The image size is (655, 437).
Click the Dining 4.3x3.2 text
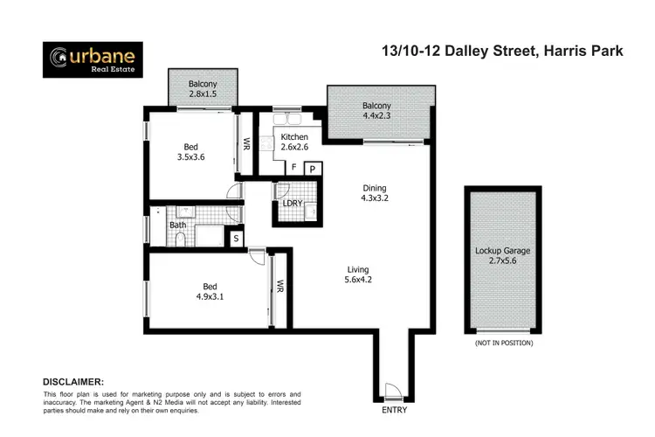click(x=375, y=193)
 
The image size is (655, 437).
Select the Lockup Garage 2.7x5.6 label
click(x=503, y=256)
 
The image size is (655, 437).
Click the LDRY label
click(x=293, y=204)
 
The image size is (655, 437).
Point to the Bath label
click(x=177, y=225)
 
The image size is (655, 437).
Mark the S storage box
click(x=235, y=237)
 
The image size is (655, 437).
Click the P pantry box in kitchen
click(x=312, y=169)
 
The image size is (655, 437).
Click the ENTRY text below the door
click(x=396, y=409)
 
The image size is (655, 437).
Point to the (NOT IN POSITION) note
click(x=505, y=343)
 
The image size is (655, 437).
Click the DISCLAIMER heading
click(x=73, y=382)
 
